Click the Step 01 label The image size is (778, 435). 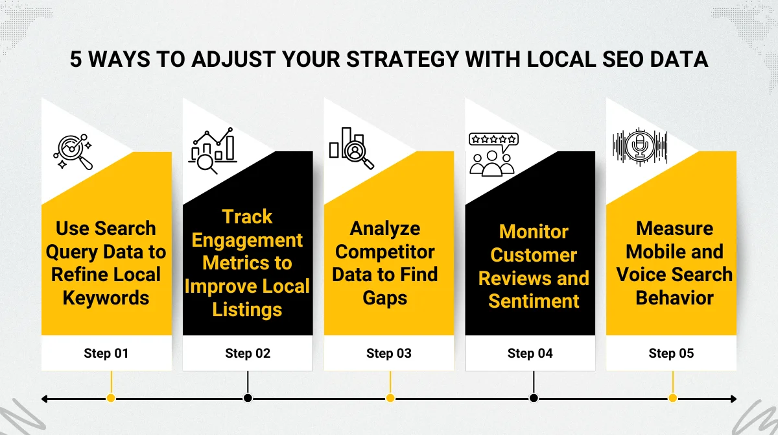pyautogui.click(x=106, y=354)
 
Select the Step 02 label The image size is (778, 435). pyautogui.click(x=248, y=354)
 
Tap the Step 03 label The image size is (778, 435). pyautogui.click(x=389, y=354)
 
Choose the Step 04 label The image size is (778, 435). pyautogui.click(x=530, y=354)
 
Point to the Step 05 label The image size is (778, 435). pyautogui.click(x=671, y=354)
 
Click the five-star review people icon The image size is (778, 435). pyautogui.click(x=493, y=154)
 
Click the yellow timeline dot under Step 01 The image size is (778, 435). pyautogui.click(x=111, y=398)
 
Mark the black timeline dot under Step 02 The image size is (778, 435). pyautogui.click(x=248, y=398)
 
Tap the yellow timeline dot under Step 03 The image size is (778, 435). pyautogui.click(x=390, y=398)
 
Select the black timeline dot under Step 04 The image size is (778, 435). pyautogui.click(x=534, y=398)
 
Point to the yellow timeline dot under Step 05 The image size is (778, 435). pyautogui.click(x=673, y=398)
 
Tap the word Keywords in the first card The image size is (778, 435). pyautogui.click(x=106, y=298)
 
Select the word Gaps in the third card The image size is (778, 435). pyautogui.click(x=385, y=298)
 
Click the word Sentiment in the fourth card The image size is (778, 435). pyautogui.click(x=534, y=301)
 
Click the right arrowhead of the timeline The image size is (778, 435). pyautogui.click(x=733, y=399)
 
